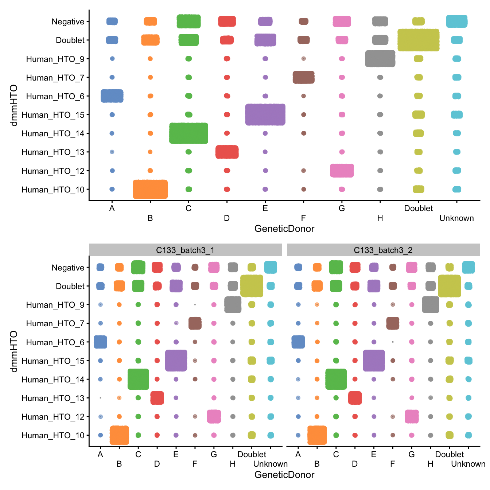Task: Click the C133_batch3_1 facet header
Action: pos(185,250)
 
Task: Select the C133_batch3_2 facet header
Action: pos(383,250)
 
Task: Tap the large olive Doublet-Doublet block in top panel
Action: pos(418,40)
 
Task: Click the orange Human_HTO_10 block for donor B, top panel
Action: pos(150,189)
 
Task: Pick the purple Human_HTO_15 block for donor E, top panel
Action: pos(265,114)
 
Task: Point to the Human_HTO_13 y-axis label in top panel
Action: pos(53,152)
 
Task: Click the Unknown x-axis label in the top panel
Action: pos(456,218)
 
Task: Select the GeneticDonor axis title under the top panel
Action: pos(284,229)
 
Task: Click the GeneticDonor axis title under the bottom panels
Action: pos(284,475)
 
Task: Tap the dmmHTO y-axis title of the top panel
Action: pos(14,105)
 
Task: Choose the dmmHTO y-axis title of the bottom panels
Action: pos(14,351)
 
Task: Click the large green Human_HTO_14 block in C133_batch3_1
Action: pos(138,379)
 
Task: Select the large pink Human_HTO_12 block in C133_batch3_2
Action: pos(412,416)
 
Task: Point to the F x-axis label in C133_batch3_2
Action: pos(392,464)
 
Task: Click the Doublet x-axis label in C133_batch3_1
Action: pos(252,454)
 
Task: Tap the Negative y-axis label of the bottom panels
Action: pos(68,268)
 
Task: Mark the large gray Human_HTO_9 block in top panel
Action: pos(380,59)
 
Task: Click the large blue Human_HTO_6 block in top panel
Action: pos(112,96)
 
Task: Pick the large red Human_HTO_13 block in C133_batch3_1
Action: pos(157,398)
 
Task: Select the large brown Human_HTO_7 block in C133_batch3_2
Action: pos(393,323)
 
